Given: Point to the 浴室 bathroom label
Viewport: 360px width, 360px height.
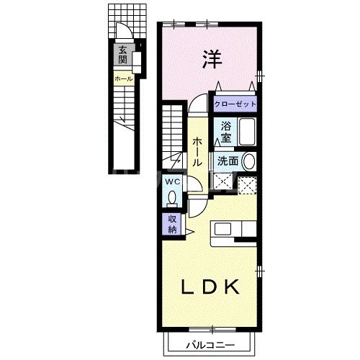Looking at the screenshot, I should coord(225,132).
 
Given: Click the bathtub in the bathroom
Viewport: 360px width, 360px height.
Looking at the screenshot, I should coord(247,134).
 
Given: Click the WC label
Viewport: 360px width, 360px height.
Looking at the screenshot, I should coord(173,181).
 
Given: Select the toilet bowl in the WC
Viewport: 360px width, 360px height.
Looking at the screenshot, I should coord(173,196).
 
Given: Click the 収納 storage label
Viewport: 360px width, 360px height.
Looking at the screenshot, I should coord(173,225).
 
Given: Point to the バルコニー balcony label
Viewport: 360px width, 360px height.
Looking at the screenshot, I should coord(210,344).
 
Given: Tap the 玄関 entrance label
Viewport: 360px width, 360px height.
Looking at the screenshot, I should coord(123,55).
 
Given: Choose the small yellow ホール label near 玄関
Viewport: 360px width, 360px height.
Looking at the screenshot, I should coord(122,77).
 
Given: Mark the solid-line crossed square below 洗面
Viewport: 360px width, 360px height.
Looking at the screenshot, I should coord(221,181).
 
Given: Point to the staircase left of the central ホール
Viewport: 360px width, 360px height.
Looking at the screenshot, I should coord(173,133).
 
